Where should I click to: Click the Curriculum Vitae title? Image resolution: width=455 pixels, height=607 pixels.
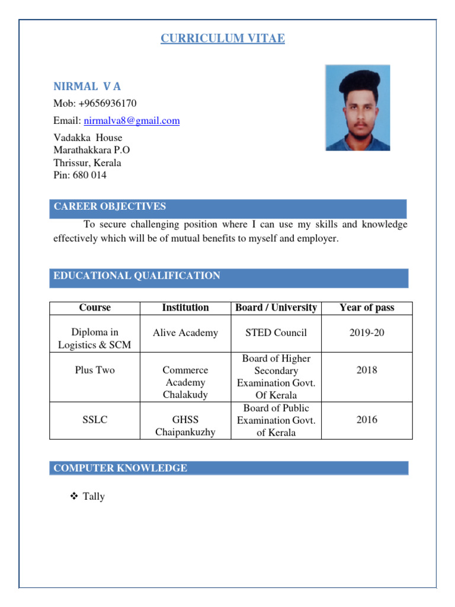223,39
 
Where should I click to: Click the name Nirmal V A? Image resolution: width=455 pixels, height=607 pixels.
87,87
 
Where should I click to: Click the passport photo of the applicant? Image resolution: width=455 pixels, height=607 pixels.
357,107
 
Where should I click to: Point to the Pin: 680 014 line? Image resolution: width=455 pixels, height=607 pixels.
80,175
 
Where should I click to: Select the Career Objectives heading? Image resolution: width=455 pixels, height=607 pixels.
110,207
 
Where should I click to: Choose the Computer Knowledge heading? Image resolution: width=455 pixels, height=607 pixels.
120,468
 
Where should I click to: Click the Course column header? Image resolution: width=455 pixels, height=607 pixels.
95,308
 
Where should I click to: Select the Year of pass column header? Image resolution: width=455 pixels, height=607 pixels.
367,308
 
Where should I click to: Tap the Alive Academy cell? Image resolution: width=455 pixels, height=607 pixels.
185,333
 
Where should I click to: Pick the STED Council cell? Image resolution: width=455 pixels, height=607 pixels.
276,333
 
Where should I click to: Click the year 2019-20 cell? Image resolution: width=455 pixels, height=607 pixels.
367,333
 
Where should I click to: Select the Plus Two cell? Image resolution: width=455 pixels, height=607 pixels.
95,370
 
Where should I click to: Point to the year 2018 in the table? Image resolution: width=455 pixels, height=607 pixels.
367,370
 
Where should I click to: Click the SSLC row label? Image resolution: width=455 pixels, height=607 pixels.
95,420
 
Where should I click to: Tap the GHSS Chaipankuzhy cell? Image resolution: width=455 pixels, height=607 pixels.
185,426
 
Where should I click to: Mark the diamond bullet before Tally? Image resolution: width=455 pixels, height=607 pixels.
74,496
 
